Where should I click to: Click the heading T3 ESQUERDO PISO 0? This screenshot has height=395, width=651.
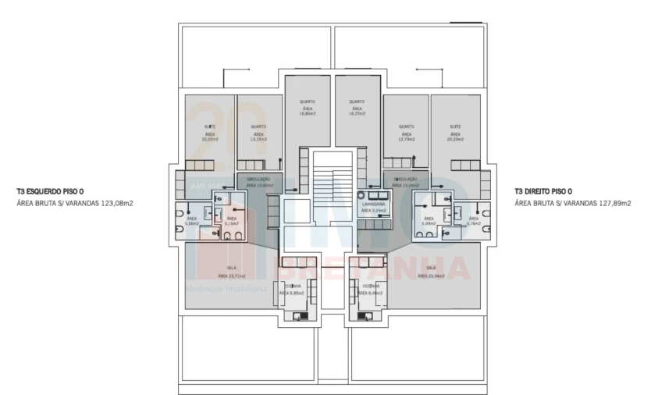[50, 191]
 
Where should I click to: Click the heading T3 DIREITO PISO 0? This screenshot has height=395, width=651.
[544, 191]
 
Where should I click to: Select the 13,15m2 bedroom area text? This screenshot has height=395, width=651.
[258, 139]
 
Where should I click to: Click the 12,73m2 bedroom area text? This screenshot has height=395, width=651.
[406, 139]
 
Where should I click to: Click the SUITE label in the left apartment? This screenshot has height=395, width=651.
[210, 126]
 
